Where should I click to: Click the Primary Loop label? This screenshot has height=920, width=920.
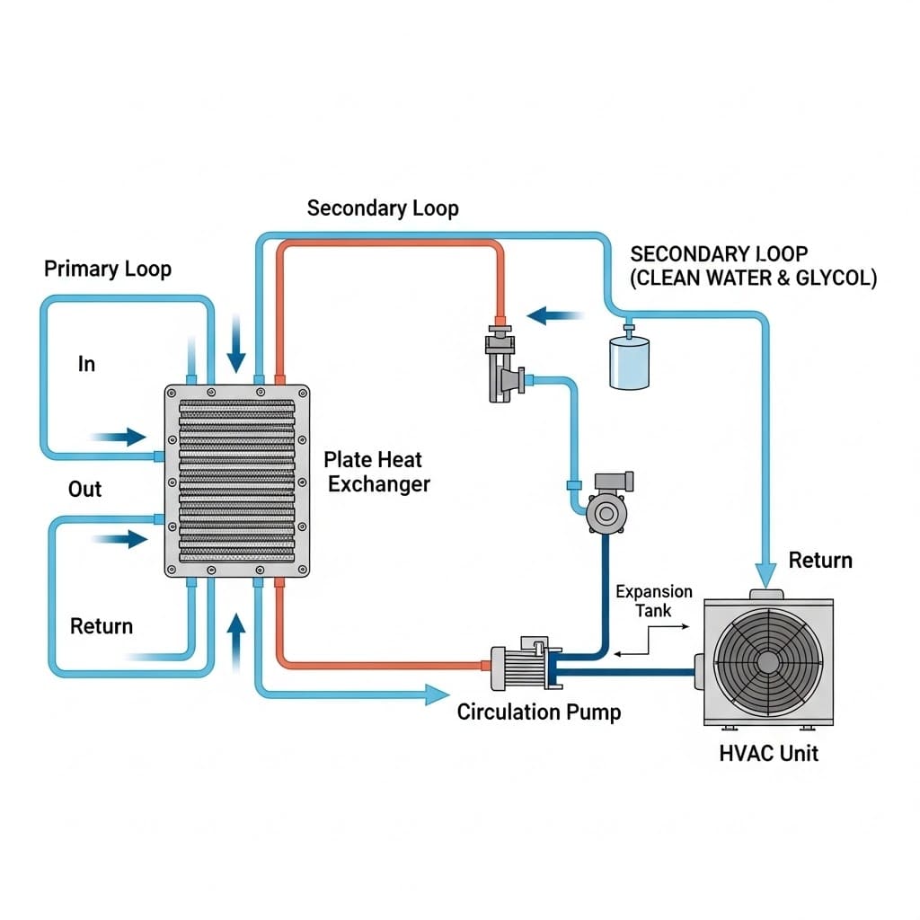[107, 269]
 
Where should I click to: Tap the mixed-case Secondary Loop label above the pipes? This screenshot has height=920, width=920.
[383, 208]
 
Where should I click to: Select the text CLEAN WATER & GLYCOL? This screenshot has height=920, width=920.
[754, 279]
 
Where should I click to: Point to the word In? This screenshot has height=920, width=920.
[86, 364]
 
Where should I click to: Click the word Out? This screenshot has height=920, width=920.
[85, 490]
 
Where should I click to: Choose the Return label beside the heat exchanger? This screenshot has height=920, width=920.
[102, 626]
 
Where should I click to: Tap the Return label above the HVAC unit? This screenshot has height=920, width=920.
[819, 561]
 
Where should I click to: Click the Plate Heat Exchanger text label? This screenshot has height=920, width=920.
[376, 472]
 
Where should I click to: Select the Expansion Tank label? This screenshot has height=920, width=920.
[653, 600]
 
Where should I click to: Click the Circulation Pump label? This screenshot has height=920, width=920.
[538, 712]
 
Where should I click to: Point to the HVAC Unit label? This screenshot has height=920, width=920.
[769, 752]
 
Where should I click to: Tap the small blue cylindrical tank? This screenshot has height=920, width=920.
[629, 361]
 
